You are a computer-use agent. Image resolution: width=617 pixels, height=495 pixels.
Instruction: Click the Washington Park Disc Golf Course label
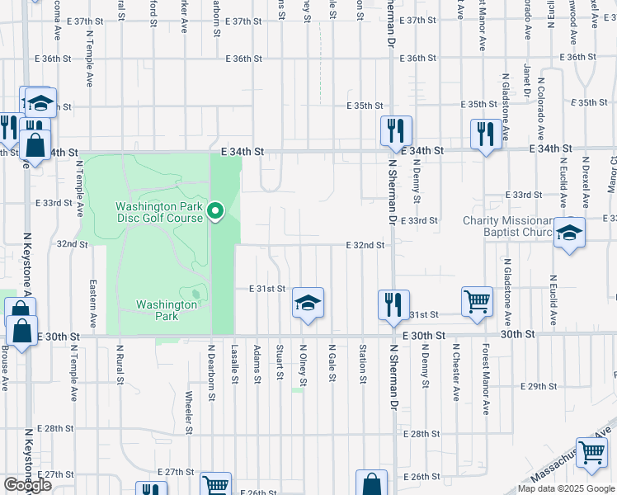coord(158,212)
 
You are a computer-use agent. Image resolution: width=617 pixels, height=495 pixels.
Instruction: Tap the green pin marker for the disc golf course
coord(216,211)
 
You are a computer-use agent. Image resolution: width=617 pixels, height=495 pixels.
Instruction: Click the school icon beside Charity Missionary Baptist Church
coord(569,233)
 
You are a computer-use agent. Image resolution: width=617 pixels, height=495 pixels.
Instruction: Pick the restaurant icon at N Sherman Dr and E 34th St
coord(396,131)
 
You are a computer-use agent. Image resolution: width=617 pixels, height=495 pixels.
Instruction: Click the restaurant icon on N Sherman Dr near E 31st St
coord(393,304)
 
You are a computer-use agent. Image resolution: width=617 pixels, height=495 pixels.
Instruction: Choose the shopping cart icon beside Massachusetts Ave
coord(591,452)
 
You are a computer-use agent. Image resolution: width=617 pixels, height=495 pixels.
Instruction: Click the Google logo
coord(27,484)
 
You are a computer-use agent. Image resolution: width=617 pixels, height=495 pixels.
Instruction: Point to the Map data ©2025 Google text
coord(564,488)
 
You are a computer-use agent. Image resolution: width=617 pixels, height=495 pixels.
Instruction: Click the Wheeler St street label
coord(189,412)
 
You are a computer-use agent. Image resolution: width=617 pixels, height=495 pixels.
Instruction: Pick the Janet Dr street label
coord(525,79)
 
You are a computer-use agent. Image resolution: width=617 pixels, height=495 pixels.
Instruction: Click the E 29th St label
coord(541,386)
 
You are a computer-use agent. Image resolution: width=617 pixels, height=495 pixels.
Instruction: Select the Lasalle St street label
coord(235,364)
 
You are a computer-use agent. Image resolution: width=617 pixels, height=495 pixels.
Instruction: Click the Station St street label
coord(362,364)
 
